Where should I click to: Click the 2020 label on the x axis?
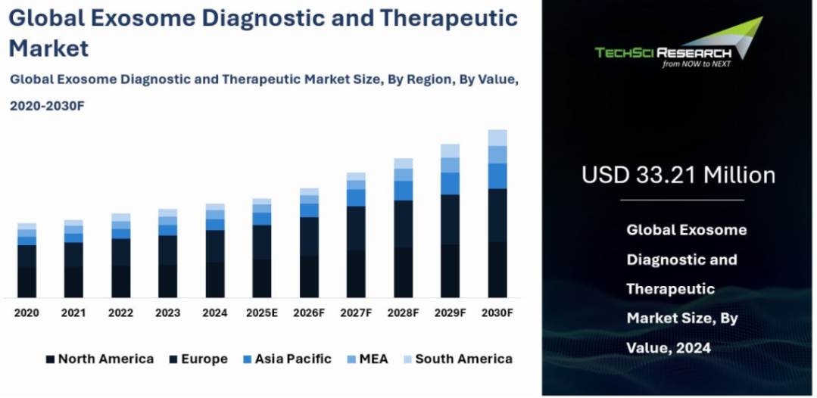(27, 312)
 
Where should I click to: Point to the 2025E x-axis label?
(262, 312)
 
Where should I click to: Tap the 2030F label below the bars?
(497, 312)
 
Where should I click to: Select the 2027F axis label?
(356, 312)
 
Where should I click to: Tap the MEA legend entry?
(366, 359)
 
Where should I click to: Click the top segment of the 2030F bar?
(497, 137)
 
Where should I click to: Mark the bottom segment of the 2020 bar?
(27, 281)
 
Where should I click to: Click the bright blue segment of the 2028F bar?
(404, 191)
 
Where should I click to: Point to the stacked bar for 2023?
(167, 253)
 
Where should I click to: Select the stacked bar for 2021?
(73, 259)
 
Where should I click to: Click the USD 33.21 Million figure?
(678, 175)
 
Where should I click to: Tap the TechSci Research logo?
(678, 45)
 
